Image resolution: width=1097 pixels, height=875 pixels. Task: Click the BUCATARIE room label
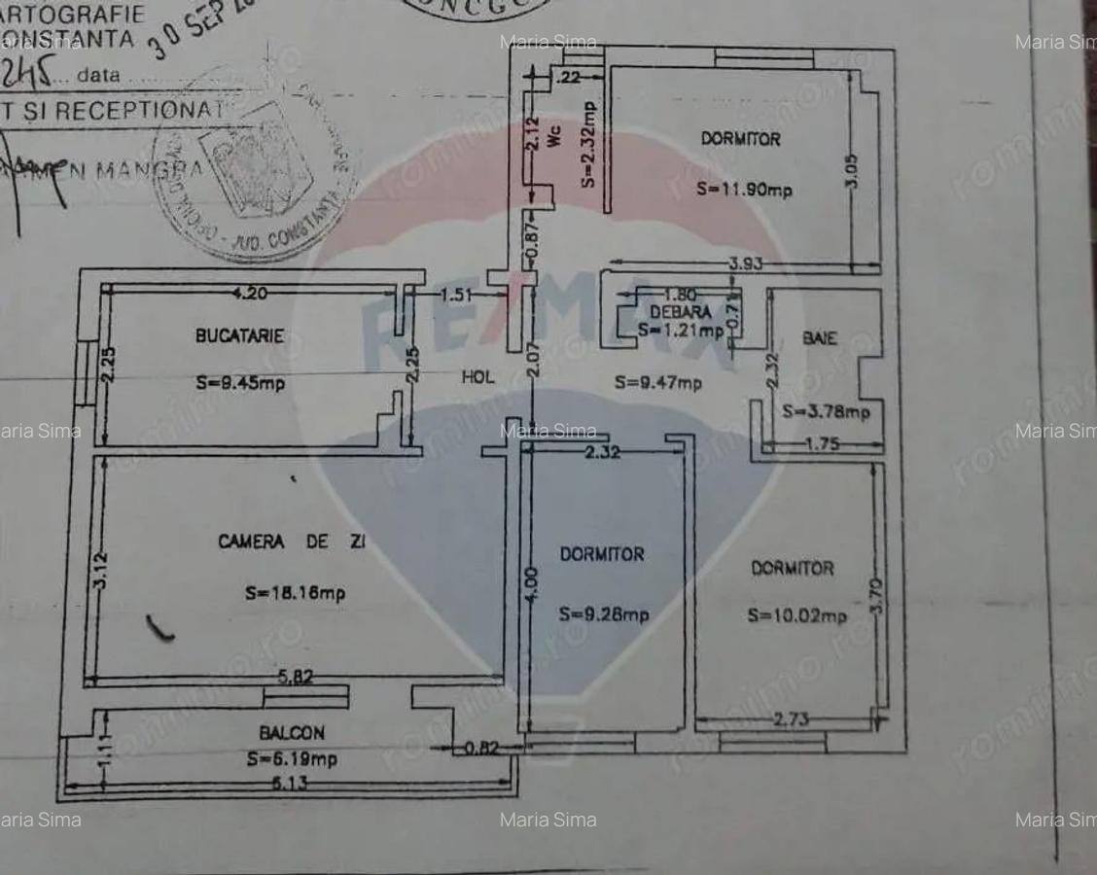[x=239, y=335]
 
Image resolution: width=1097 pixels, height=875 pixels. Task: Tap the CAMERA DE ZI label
[x=292, y=542]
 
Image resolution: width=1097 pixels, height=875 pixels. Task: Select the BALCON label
[x=292, y=733]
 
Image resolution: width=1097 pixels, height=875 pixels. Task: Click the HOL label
[x=478, y=378]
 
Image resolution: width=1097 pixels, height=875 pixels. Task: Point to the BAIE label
[x=820, y=338]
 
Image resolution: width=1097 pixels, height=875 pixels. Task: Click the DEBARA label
[x=681, y=312]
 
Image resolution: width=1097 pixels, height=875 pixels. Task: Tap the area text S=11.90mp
[x=744, y=191]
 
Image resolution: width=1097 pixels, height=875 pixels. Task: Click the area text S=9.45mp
[x=239, y=383]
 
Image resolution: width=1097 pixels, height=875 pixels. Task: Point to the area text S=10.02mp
[x=796, y=615]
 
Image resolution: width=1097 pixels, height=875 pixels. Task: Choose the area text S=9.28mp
[x=604, y=614]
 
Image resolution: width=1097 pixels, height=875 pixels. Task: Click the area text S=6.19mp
[x=292, y=759]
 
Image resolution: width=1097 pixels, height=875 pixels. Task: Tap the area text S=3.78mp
[x=826, y=412]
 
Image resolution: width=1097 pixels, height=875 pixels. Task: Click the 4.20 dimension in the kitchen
[x=249, y=292]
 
